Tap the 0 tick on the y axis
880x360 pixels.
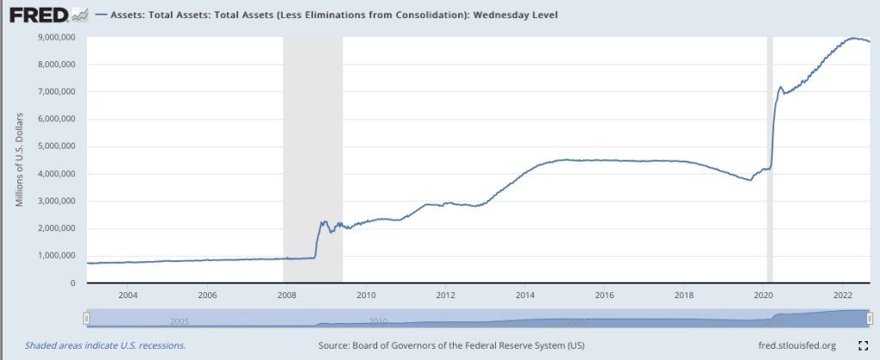(x=73, y=283)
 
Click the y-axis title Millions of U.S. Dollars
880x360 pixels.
(x=20, y=158)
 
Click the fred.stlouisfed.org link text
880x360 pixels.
(x=791, y=345)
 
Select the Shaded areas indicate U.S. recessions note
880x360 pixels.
(x=105, y=345)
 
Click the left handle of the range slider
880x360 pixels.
(x=86, y=318)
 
